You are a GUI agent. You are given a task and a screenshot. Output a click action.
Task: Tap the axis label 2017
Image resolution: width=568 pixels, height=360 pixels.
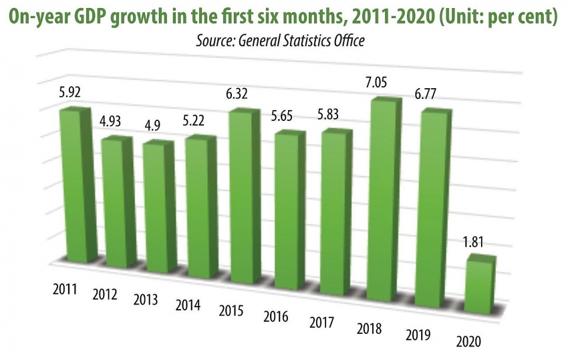pyautogui.click(x=323, y=323)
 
